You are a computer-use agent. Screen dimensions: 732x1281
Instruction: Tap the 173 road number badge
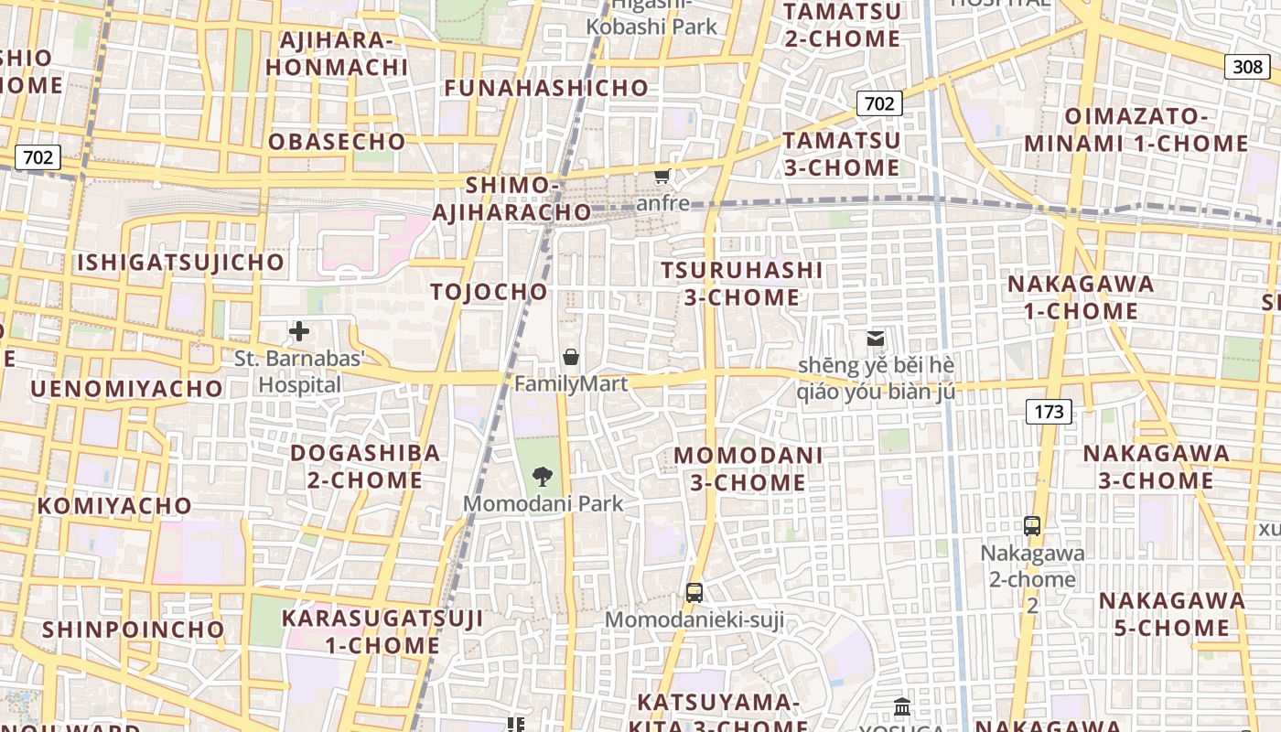1049,412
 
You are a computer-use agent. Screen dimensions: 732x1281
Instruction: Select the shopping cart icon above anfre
662,176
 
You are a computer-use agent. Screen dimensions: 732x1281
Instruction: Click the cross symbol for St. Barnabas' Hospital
299,331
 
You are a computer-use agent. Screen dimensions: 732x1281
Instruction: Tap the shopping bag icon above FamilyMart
571,356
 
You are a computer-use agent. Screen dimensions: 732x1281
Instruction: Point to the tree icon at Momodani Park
543,476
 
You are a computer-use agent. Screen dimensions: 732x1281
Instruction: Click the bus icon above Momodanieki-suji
694,592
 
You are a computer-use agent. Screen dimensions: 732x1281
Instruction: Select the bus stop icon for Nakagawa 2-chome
1032,526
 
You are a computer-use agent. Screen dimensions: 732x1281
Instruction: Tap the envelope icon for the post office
876,339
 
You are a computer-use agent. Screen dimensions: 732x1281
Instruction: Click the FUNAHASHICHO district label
546,88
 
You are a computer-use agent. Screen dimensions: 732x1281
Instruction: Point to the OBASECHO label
337,142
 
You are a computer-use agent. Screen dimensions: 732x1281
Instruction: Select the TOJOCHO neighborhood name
490,292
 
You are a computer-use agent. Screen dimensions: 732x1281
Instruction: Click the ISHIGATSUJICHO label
181,263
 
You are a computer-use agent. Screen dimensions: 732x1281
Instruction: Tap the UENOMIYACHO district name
127,389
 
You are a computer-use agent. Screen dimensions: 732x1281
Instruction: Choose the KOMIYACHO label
115,506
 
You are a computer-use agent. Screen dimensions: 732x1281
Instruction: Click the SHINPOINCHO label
134,630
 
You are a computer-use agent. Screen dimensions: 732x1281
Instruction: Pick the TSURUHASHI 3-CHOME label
742,284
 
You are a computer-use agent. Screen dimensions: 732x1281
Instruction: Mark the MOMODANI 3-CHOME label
748,468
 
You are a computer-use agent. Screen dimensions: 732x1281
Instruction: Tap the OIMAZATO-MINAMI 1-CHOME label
1136,130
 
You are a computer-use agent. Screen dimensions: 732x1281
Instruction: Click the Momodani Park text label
543,503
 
